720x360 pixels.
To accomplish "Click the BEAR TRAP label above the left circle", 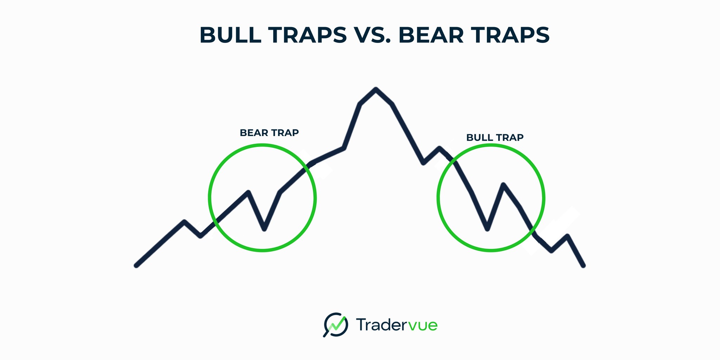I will [269, 133].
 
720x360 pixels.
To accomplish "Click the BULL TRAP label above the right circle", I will [495, 137].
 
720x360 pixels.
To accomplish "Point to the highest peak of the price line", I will [376, 89].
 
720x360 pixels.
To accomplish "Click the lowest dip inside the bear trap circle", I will [264, 229].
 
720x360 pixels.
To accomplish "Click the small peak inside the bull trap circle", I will [503, 185].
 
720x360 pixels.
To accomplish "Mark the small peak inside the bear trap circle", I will [248, 192].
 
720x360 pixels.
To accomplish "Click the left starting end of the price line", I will [136, 265].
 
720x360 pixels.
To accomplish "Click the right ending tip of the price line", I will [584, 265].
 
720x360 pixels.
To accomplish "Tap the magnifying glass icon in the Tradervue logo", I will [335, 324].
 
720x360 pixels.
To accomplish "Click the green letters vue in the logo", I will [424, 325].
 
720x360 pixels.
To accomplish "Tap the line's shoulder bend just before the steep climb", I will [343, 148].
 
